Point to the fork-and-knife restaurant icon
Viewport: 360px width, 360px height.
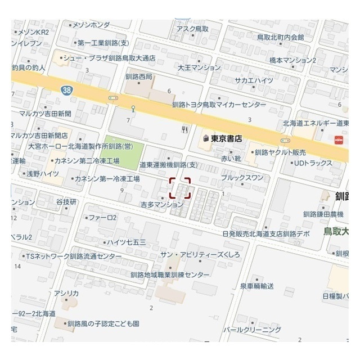(184, 129)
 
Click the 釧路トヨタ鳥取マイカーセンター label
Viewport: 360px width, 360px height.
(219, 105)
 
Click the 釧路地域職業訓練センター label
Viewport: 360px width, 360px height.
(169, 275)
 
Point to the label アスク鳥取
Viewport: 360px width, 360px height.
(193, 29)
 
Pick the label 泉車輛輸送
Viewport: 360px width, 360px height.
(256, 286)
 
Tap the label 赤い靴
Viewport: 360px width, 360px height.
(231, 158)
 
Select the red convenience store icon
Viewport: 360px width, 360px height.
(339, 141)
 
